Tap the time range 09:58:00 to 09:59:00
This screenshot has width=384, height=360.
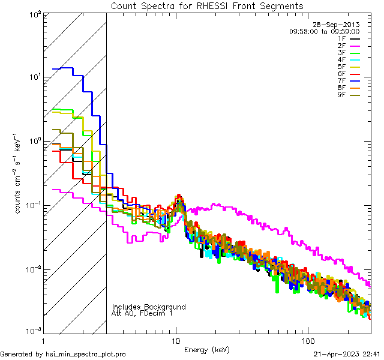coord(324,32)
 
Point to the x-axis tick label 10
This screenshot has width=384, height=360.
coord(176,340)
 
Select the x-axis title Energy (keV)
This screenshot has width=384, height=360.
coord(207,349)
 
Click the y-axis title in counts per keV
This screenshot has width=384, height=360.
coord(19,174)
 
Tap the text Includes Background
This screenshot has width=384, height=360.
coord(149,307)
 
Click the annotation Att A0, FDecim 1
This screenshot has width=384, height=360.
coord(142,314)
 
